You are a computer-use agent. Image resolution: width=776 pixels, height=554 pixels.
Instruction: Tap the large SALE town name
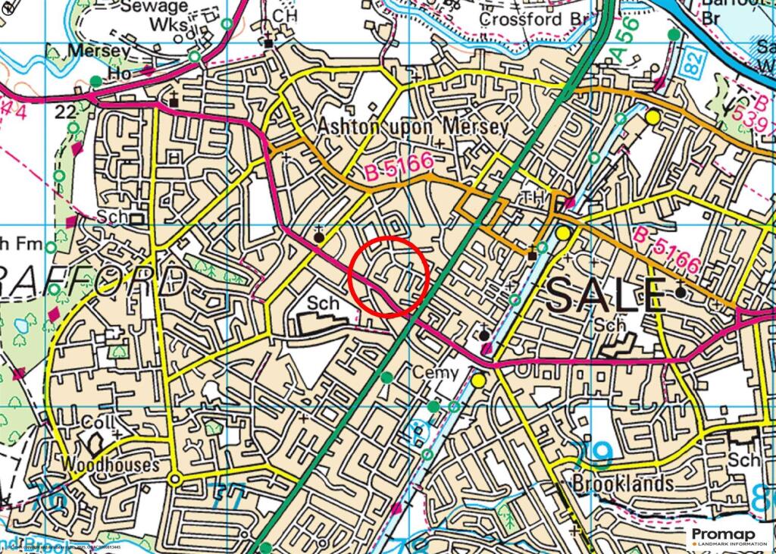click(605, 295)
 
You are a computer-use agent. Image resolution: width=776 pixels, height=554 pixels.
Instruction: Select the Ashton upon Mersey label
click(413, 126)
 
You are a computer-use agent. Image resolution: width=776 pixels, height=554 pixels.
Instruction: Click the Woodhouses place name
click(111, 464)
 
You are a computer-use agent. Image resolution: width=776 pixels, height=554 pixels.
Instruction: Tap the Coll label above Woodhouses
click(97, 421)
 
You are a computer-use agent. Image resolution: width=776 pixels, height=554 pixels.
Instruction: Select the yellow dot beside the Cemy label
click(478, 379)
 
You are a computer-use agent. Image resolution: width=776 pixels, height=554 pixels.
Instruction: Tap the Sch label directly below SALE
click(610, 325)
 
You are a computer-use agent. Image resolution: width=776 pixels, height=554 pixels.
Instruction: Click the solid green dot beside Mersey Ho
click(95, 80)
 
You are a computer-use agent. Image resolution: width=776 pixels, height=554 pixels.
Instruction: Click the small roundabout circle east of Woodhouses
click(175, 479)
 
